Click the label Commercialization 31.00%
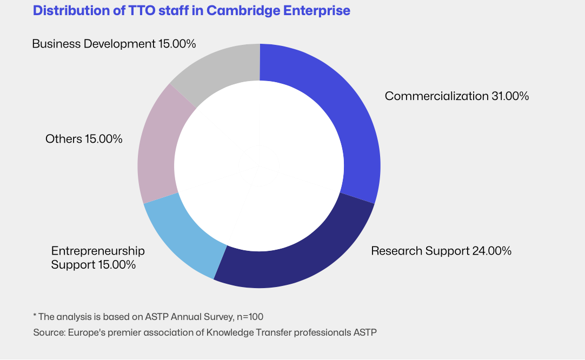pyautogui.click(x=456, y=96)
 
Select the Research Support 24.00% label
pyautogui.click(x=441, y=251)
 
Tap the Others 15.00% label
pyautogui.click(x=84, y=139)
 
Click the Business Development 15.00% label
pyautogui.click(x=114, y=44)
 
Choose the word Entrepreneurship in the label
pyautogui.click(x=98, y=251)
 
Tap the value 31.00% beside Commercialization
pyautogui.click(x=510, y=96)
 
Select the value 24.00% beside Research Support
pyautogui.click(x=492, y=251)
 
